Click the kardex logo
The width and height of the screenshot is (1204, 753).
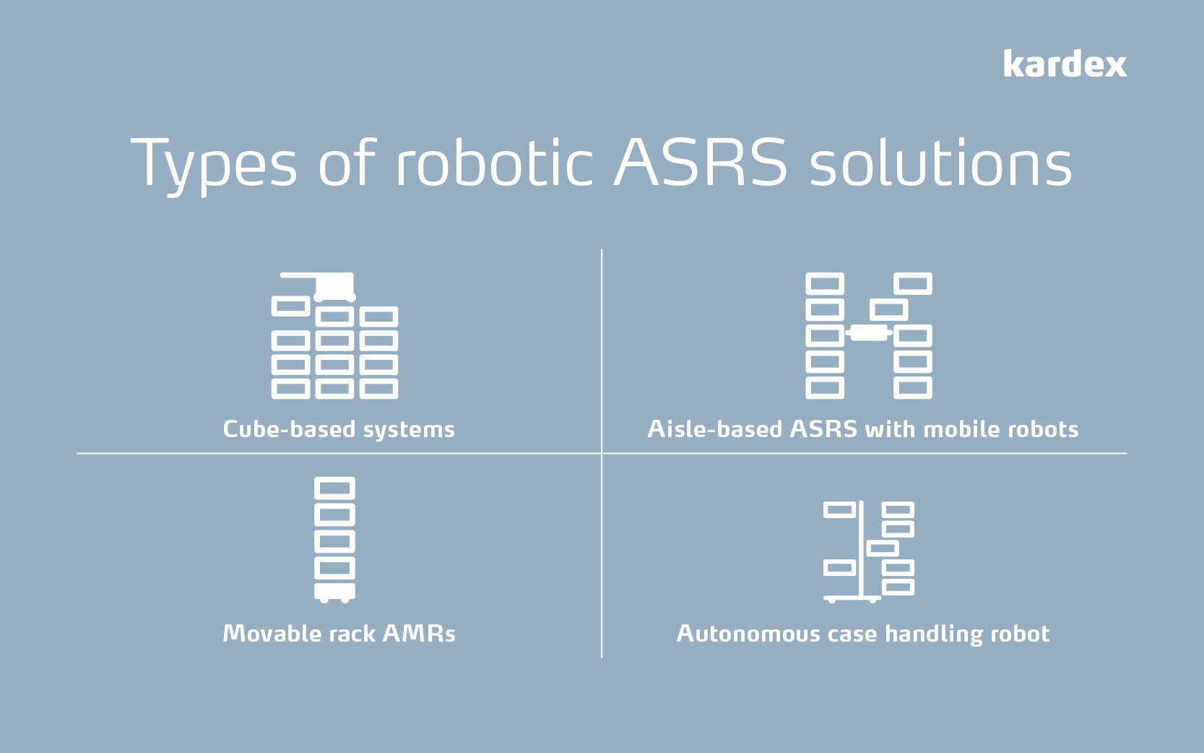(1065, 65)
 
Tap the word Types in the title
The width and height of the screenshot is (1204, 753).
(214, 165)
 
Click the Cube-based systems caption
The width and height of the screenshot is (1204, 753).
(339, 429)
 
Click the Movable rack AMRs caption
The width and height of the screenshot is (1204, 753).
(339, 634)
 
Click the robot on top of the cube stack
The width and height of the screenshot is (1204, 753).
(334, 286)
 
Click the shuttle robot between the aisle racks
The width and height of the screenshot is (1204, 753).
(868, 332)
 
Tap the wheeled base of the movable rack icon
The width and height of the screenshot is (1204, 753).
(335, 592)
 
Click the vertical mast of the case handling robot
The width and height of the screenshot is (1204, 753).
(861, 549)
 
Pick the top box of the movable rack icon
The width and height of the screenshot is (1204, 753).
(335, 489)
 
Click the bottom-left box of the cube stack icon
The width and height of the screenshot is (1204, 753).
(290, 389)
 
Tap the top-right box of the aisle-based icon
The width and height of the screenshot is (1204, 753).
(913, 283)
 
